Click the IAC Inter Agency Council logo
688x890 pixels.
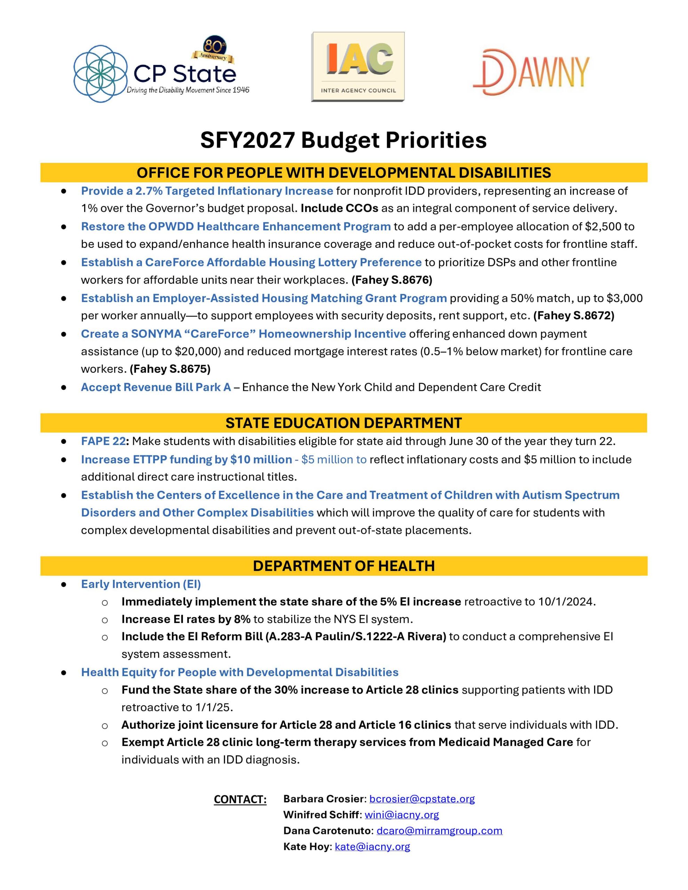pyautogui.click(x=358, y=67)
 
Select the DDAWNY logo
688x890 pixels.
pyautogui.click(x=531, y=72)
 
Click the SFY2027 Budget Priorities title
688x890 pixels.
pyautogui.click(x=343, y=140)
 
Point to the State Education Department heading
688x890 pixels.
pyautogui.click(x=343, y=423)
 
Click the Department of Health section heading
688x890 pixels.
pyautogui.click(x=343, y=566)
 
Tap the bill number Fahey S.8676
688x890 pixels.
pyautogui.click(x=392, y=280)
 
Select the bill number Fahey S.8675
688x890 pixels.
pyautogui.click(x=170, y=369)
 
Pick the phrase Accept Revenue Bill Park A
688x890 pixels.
pyautogui.click(x=156, y=387)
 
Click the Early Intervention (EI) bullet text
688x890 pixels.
pyautogui.click(x=141, y=584)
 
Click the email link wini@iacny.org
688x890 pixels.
pyautogui.click(x=401, y=815)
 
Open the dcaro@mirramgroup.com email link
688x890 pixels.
pyautogui.click(x=439, y=831)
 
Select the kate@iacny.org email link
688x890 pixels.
pyautogui.click(x=372, y=847)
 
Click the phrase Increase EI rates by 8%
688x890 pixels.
pyautogui.click(x=185, y=619)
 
